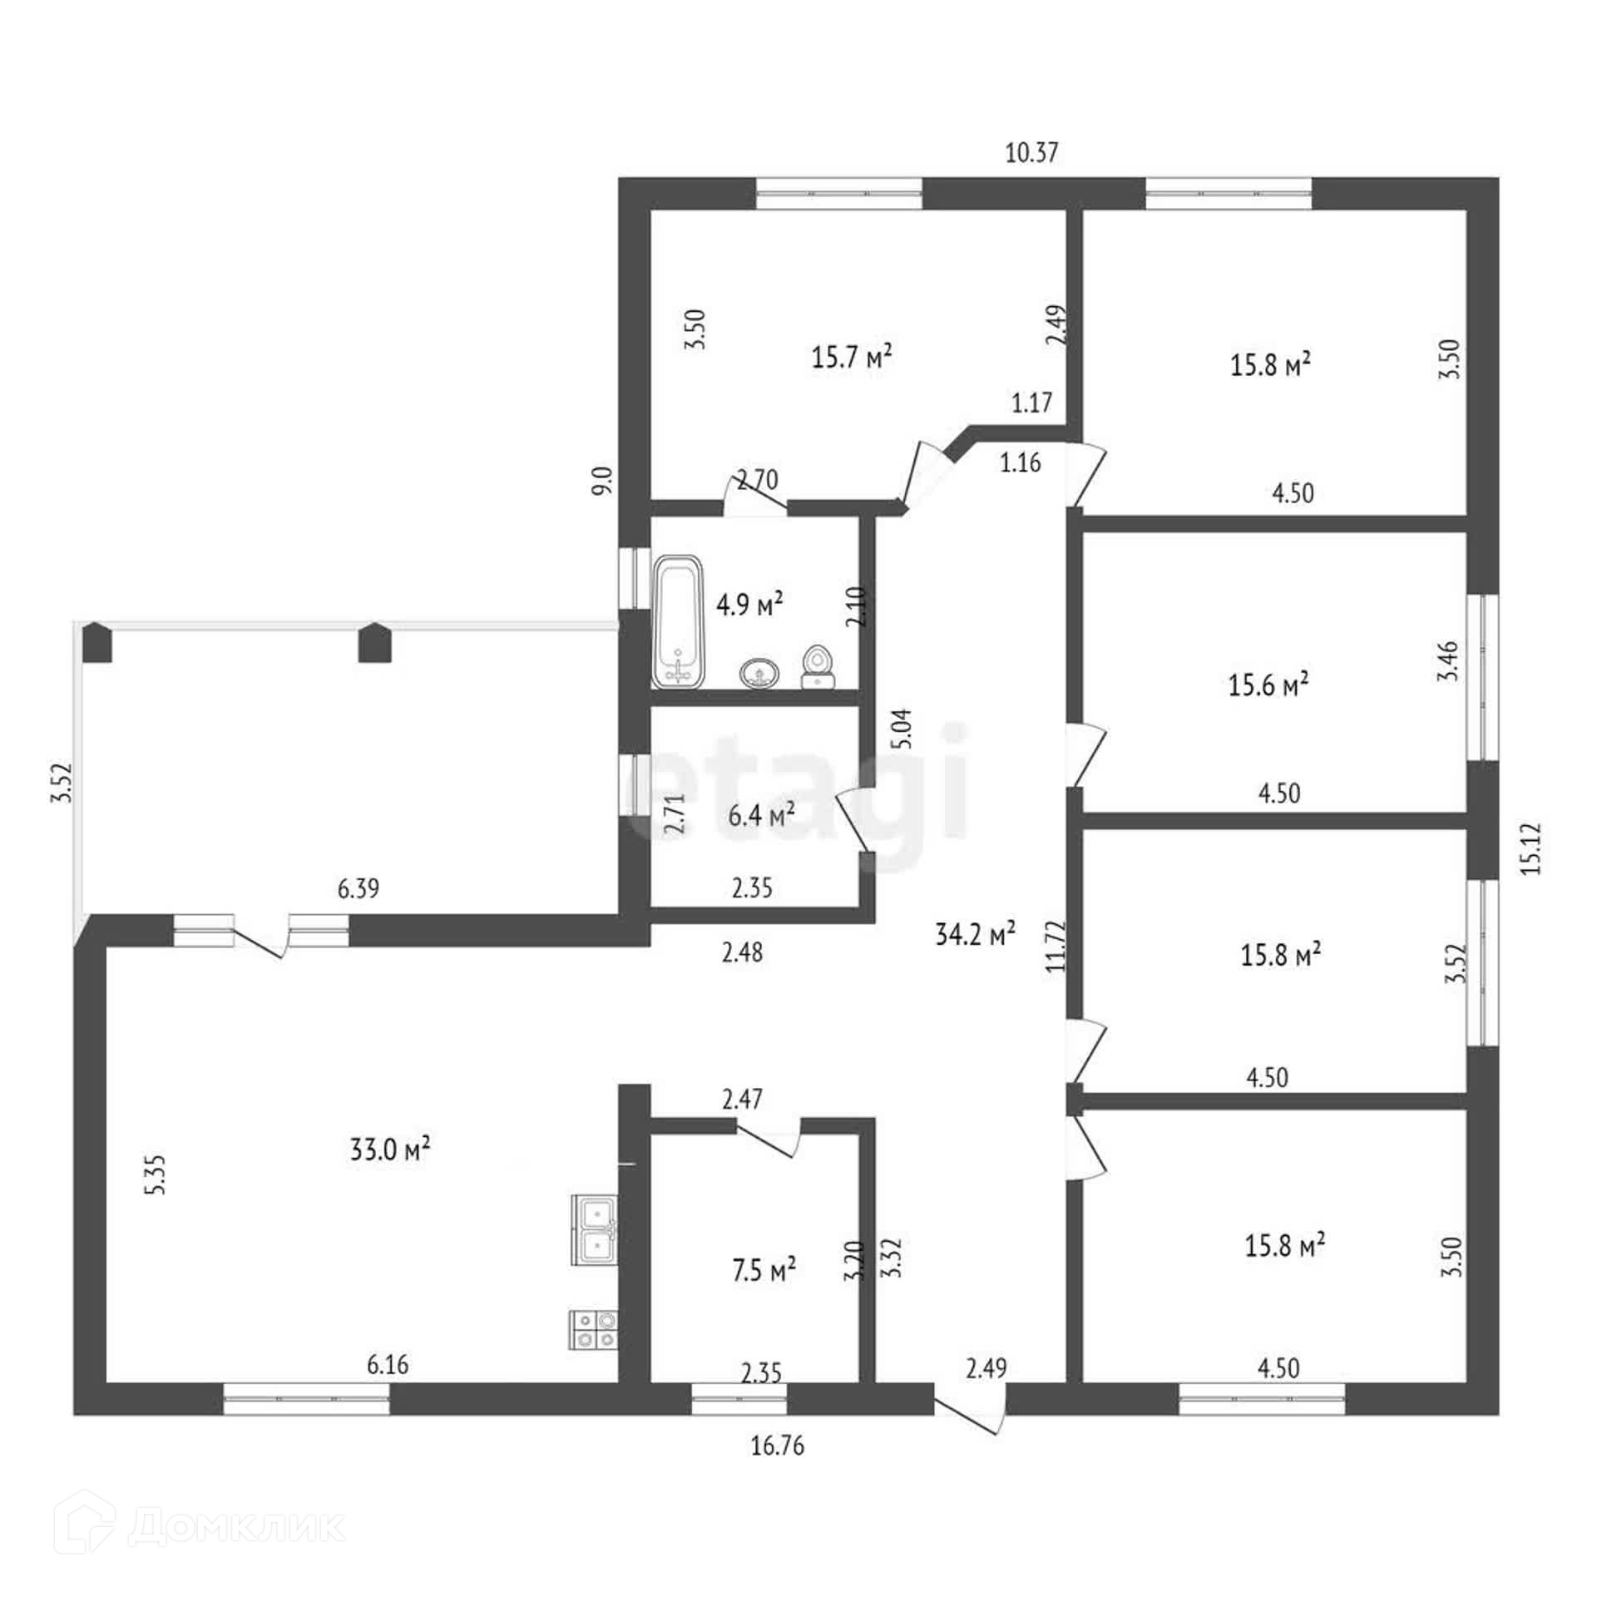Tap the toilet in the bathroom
[x=817, y=667]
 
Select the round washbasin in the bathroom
[x=759, y=673]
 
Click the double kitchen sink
[x=594, y=1230]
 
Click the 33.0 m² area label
[x=389, y=1150]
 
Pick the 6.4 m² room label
[x=761, y=814]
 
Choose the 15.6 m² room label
[x=1268, y=685]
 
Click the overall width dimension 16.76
[x=778, y=1446]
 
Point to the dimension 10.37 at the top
[x=1032, y=153]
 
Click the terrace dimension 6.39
[x=358, y=888]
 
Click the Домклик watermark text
[x=236, y=1526]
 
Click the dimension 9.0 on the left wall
[x=602, y=481]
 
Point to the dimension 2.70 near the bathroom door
[x=757, y=480]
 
